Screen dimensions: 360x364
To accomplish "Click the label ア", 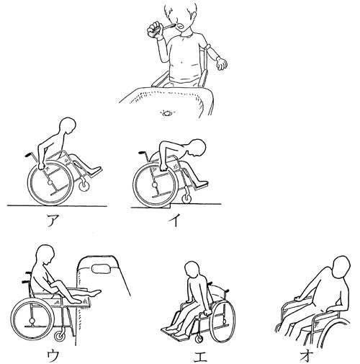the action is [53, 221].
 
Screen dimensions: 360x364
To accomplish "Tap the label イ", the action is [175, 221].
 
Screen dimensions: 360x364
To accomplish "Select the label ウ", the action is [53, 355].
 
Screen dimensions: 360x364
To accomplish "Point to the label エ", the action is [200, 355].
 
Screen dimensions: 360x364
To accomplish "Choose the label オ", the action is [306, 355].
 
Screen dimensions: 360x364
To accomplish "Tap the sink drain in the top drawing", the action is [167, 112].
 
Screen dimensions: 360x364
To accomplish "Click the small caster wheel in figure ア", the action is [84, 186].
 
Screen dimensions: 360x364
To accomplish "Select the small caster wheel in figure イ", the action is [186, 199].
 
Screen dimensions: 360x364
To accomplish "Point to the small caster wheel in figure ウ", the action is [59, 337].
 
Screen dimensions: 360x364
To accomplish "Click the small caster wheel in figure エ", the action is [199, 339].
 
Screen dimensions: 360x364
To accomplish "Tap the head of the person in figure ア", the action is [68, 126].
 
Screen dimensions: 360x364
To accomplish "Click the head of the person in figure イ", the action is [197, 148].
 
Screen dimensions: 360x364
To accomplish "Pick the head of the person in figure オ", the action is [341, 267].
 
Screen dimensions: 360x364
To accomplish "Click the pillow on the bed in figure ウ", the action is [101, 269].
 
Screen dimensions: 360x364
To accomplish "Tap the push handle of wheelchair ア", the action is [28, 154].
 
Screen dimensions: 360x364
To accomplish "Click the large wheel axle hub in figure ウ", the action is [31, 321].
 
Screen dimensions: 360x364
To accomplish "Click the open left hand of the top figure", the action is [222, 63].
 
